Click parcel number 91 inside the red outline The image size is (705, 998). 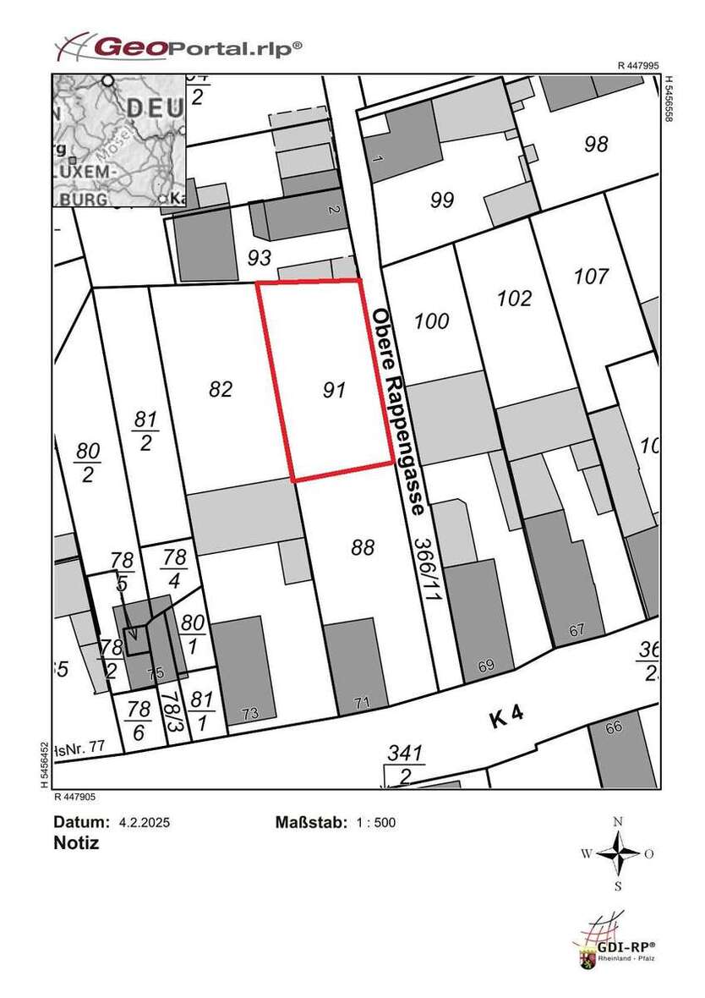point(335,390)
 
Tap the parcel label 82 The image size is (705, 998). point(220,388)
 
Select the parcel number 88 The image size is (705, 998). point(362,548)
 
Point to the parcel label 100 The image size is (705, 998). point(432,321)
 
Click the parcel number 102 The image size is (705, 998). point(515,298)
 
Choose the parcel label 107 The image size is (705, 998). point(591,276)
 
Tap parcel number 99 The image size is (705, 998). point(442,200)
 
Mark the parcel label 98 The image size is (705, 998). point(596,144)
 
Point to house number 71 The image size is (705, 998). point(362,702)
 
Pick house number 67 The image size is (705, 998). point(577,629)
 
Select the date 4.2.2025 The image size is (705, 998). point(145,822)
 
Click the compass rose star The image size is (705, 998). point(619,853)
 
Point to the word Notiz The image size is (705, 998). point(76,843)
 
